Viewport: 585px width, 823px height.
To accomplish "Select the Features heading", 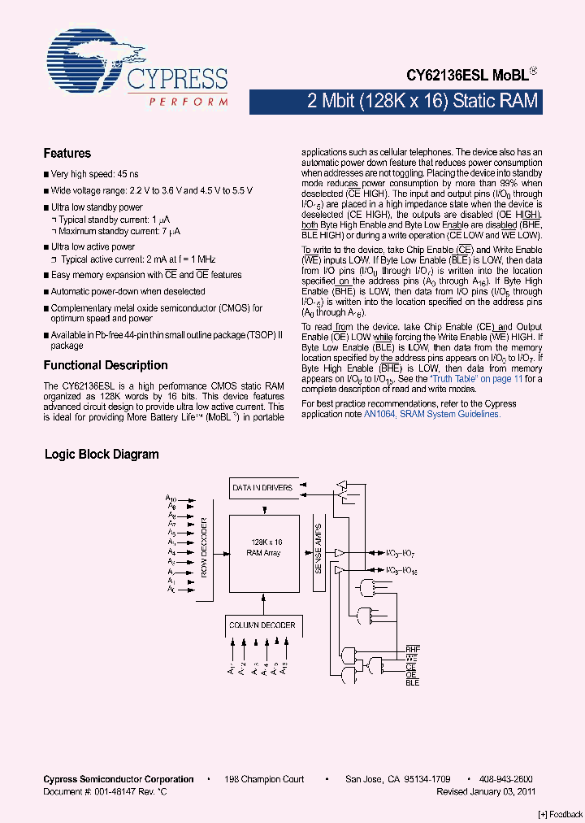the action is click(67, 153).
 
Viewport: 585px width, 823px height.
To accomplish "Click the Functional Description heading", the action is click(106, 365).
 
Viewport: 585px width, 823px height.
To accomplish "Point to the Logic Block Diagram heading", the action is click(102, 455).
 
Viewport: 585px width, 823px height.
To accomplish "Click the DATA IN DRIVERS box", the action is click(262, 488).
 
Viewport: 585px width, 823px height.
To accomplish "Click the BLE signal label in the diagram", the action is click(412, 683).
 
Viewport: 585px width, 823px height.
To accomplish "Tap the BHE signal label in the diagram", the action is click(413, 649).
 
